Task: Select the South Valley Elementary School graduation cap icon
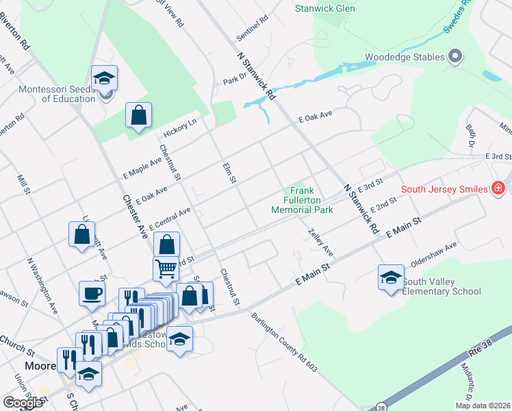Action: pyautogui.click(x=391, y=277)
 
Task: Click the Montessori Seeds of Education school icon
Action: pyautogui.click(x=104, y=78)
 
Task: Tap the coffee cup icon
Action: pyautogui.click(x=92, y=294)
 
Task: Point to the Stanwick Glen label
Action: pyautogui.click(x=325, y=9)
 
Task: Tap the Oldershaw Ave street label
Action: pyautogui.click(x=433, y=255)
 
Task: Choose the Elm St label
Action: pyautogui.click(x=229, y=173)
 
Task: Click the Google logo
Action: pyautogui.click(x=23, y=403)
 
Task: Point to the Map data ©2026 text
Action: pyautogui.click(x=483, y=406)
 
